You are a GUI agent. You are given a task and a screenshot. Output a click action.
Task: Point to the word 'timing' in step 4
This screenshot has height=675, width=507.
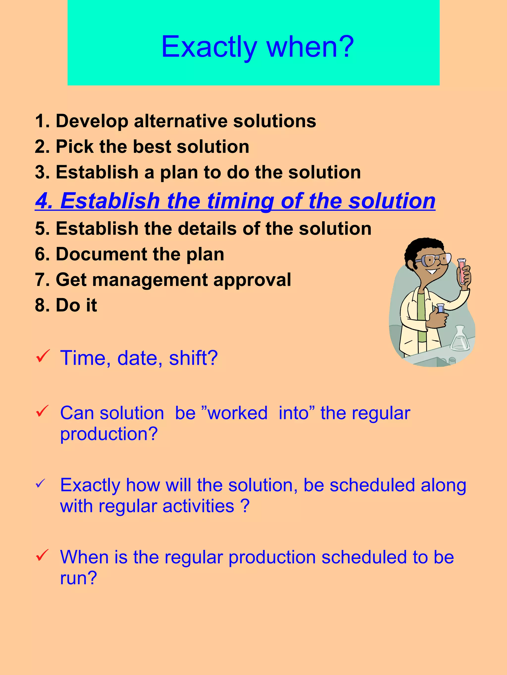[240, 201]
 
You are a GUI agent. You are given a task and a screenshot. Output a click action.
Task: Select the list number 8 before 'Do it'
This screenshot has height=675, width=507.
[41, 305]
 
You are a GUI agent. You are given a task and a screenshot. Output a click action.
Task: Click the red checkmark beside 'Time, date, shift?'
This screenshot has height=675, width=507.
[43, 356]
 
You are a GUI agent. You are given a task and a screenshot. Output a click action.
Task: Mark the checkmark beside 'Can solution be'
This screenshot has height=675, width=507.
[43, 411]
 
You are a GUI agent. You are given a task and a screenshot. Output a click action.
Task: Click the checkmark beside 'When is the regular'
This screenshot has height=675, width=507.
[43, 555]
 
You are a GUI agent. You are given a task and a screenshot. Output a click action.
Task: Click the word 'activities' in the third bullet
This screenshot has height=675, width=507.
[198, 506]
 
